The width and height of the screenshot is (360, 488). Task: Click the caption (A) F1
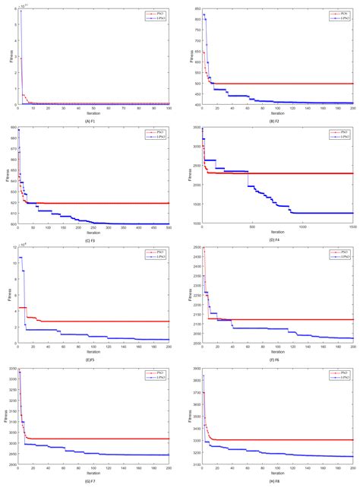pyautogui.click(x=93, y=119)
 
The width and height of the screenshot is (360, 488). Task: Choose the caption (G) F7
pyautogui.click(x=93, y=480)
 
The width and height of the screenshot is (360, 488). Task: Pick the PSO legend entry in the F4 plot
pyautogui.click(x=339, y=133)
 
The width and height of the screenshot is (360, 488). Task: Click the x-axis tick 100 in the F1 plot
pyautogui.click(x=169, y=108)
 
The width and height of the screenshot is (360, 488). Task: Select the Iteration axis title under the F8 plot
pyautogui.click(x=276, y=474)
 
